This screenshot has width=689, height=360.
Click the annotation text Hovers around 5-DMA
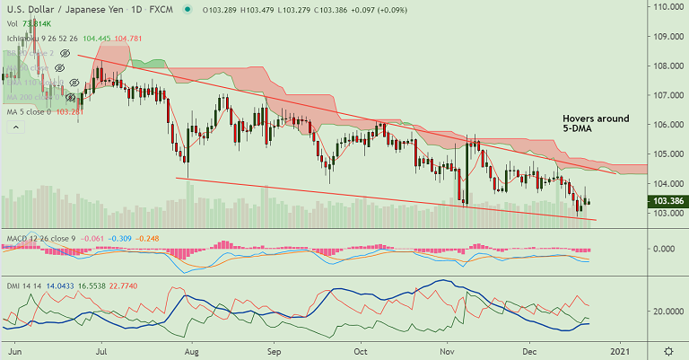[x=596, y=125]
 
